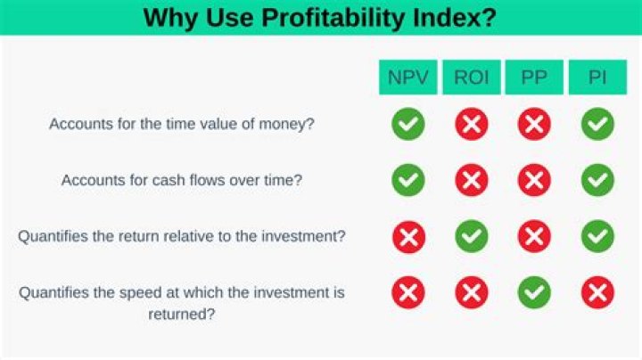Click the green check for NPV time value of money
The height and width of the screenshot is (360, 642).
408,125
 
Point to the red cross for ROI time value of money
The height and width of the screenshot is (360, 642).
471,125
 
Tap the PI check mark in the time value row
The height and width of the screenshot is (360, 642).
597,125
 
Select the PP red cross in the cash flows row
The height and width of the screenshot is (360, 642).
534,181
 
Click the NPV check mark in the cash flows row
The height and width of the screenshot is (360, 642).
408,181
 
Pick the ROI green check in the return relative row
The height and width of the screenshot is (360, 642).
471,236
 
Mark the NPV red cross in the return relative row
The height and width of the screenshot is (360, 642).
408,236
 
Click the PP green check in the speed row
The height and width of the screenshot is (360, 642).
534,291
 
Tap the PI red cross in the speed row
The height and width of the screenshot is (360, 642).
597,291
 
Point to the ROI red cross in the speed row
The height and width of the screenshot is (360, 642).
471,291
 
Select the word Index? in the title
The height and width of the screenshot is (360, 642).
454,17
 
